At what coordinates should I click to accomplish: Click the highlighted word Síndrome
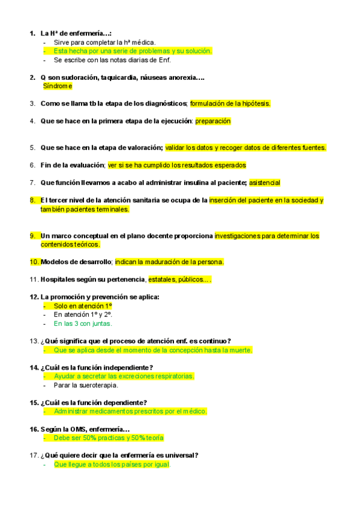tap(58, 86)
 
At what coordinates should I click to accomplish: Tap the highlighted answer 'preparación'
tap(213, 121)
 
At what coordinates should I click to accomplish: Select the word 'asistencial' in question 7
tap(265, 182)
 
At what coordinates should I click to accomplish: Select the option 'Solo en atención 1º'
tap(83, 306)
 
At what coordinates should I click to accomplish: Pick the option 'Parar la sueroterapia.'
tap(86, 385)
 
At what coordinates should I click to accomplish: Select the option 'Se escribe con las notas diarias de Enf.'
tap(112, 60)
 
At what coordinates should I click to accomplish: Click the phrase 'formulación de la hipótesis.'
tap(230, 103)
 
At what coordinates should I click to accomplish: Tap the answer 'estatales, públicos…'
tap(179, 280)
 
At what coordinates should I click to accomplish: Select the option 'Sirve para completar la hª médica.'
tap(104, 43)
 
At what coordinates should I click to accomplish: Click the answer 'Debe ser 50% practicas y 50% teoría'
tap(109, 438)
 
